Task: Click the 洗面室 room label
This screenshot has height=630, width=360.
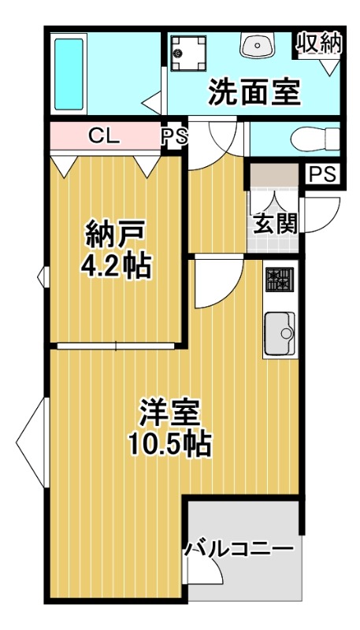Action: point(254,93)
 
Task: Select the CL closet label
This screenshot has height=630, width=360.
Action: point(104,135)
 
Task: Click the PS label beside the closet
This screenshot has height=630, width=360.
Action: point(175,136)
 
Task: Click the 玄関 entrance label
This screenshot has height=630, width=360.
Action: point(275,224)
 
